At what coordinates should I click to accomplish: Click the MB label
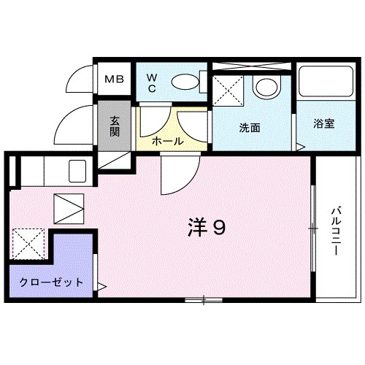pos(115,80)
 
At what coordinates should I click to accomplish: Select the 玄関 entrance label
pos(115,127)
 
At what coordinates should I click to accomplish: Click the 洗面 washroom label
pos(250,126)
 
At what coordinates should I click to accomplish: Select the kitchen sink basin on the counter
pos(78,172)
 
